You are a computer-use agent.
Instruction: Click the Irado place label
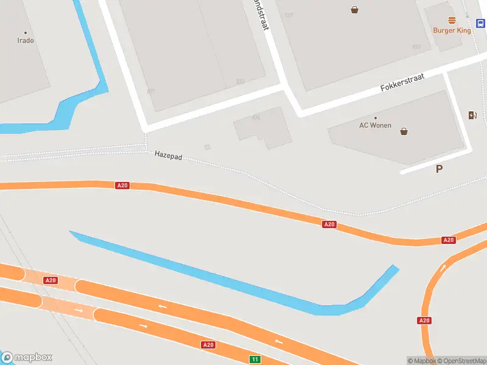click(x=26, y=41)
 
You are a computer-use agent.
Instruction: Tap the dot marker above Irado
click(x=26, y=33)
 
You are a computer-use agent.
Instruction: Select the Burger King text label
click(x=452, y=30)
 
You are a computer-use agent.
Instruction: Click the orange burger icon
click(x=452, y=20)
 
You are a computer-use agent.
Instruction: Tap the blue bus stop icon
click(x=480, y=24)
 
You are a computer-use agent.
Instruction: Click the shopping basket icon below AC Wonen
click(x=404, y=131)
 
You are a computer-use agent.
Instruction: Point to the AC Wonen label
click(x=376, y=125)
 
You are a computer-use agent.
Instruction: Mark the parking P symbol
click(x=439, y=169)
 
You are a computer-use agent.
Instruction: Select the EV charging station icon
click(x=472, y=116)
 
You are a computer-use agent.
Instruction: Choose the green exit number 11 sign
click(x=255, y=360)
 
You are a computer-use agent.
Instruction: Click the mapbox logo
click(x=27, y=358)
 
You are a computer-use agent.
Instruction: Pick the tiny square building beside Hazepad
click(x=208, y=147)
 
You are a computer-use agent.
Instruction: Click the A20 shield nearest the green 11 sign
click(x=208, y=345)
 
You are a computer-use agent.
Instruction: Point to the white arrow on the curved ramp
click(x=443, y=267)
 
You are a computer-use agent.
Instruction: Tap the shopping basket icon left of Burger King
click(x=354, y=9)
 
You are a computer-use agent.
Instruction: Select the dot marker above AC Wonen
click(x=376, y=117)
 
